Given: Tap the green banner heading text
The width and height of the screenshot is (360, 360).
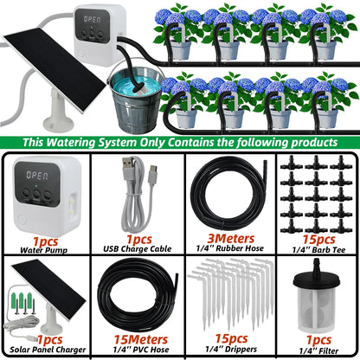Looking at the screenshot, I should (180, 141).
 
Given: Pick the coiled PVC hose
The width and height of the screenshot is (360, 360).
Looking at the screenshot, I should (134, 294).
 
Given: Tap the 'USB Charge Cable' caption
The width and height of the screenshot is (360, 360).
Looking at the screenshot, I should (135, 247).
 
